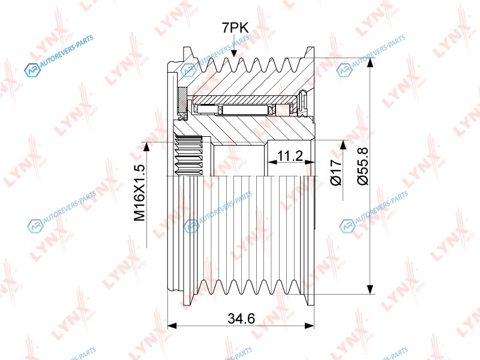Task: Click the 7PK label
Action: pos(235,28)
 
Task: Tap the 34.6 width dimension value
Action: pos(241,319)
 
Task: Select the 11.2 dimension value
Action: pos(290,156)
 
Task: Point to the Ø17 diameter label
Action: pos(336,172)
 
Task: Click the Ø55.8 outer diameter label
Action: pos(363,166)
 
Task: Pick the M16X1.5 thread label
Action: pos(139,193)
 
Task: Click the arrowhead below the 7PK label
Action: pos(234,53)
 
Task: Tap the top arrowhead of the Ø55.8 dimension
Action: pos(370,62)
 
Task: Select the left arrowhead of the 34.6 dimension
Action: pos(172,326)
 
